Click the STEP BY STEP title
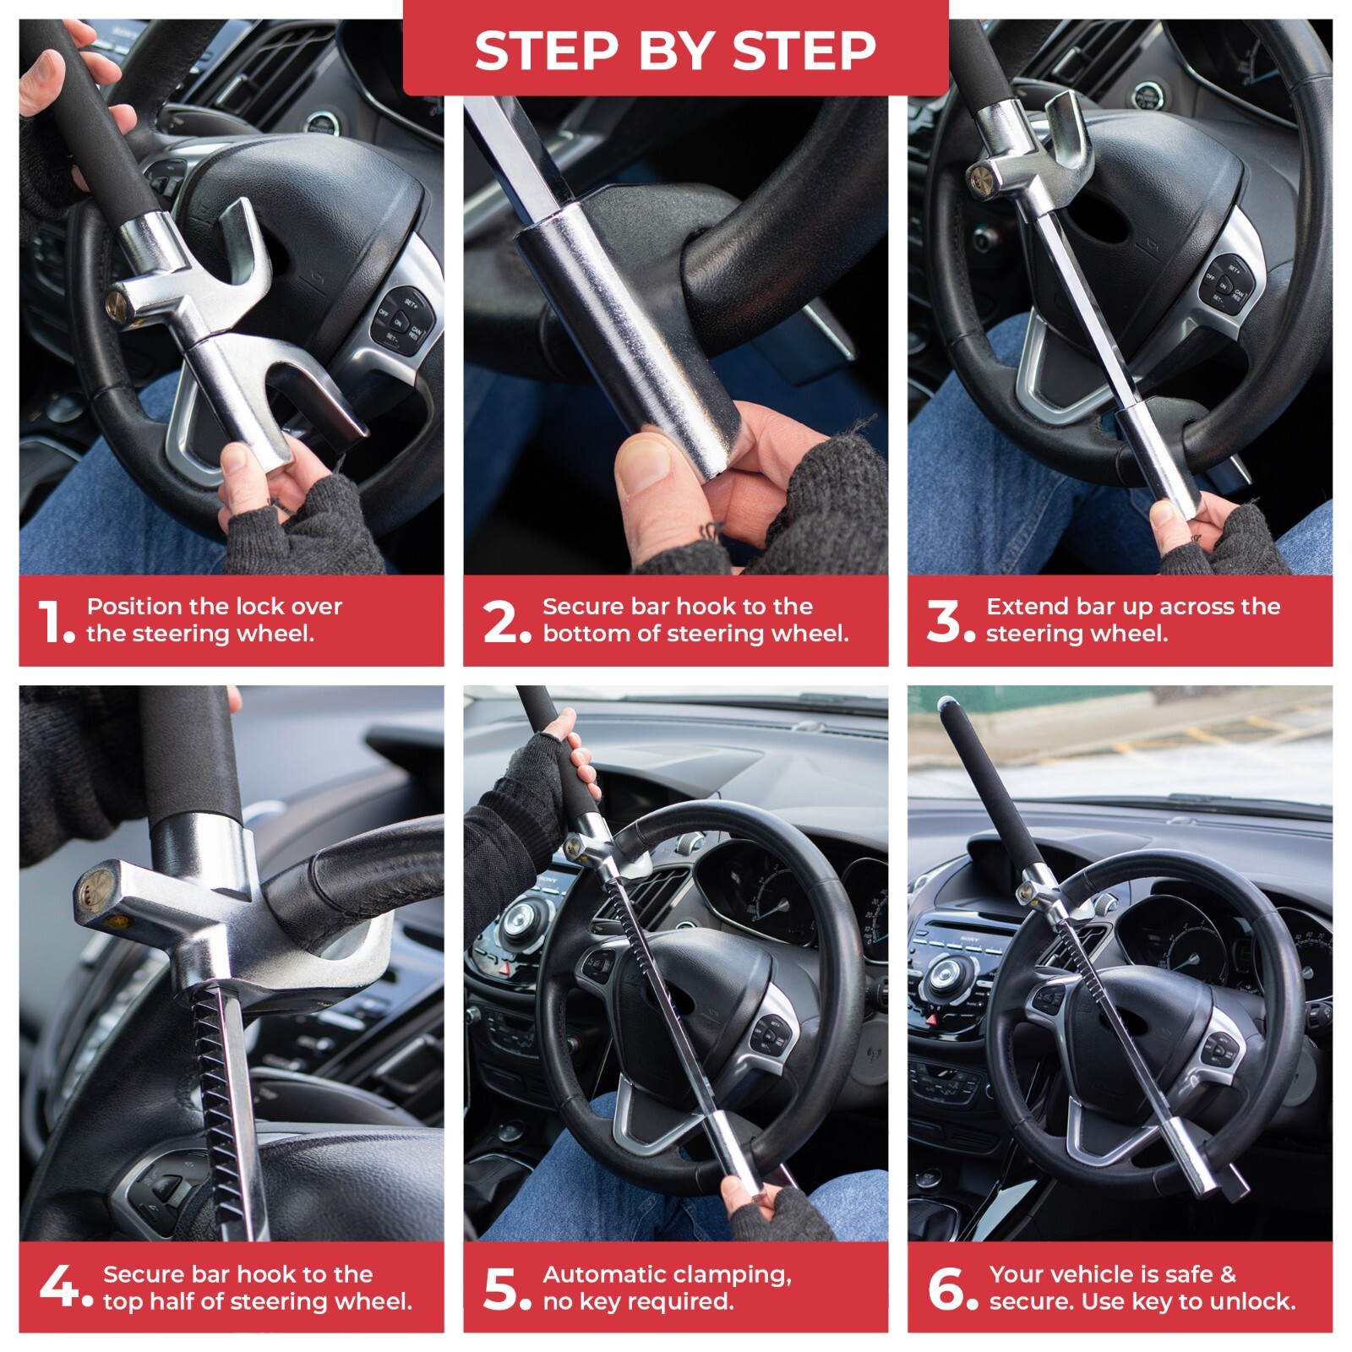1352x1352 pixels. coord(675,50)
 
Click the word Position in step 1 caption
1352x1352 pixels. coord(135,606)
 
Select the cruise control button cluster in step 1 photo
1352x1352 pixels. coord(401,320)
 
